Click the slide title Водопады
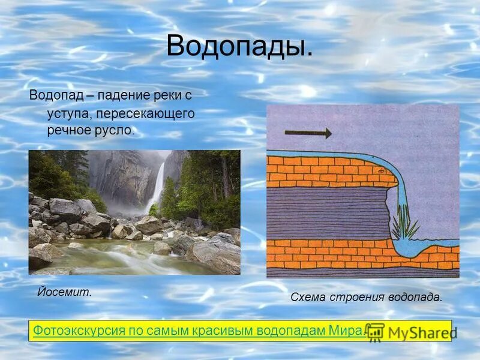(239, 46)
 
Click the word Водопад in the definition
(56, 95)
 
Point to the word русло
(115, 130)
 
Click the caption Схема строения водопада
(366, 296)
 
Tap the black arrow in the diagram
(308, 133)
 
